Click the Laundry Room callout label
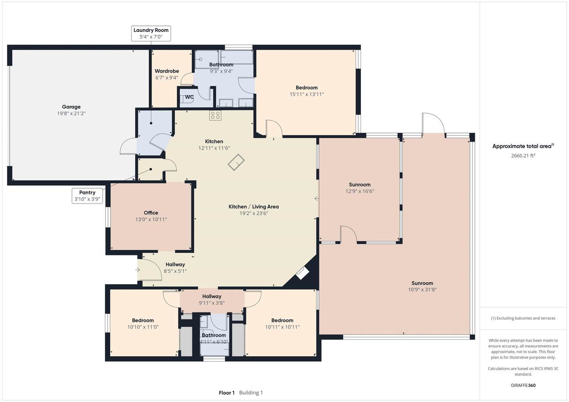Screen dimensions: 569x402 151,33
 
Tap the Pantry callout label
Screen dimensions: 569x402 87,196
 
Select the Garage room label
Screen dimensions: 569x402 71,107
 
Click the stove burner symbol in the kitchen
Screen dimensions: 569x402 215,115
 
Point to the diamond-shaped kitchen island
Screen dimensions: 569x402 236,162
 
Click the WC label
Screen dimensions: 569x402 189,97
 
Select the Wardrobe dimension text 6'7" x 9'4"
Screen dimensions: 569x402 167,78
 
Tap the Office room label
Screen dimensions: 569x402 151,213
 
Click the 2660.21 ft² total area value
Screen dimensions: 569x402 523,155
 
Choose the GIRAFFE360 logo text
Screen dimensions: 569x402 523,385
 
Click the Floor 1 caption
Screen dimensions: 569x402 227,393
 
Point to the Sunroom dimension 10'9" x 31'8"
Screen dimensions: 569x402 422,290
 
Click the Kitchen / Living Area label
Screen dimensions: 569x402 253,207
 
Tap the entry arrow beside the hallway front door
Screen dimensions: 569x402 137,270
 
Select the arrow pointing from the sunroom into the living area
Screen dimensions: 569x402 317,199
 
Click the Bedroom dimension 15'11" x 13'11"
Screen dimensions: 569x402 307,94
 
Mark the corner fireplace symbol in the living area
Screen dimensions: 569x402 302,273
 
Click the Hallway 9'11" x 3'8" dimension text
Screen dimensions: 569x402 212,303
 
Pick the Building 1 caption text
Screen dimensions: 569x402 251,393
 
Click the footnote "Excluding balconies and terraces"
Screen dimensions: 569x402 526,318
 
